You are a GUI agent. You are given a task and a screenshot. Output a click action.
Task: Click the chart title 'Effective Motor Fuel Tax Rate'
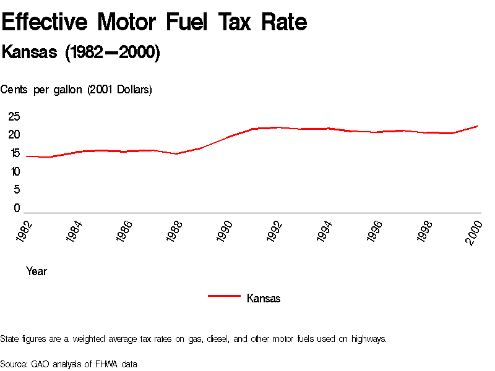click(154, 23)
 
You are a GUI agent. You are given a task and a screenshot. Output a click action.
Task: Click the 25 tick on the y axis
click(14, 116)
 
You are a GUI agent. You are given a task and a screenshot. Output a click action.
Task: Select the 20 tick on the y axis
click(14, 135)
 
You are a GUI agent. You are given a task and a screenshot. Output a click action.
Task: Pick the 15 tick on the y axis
click(14, 153)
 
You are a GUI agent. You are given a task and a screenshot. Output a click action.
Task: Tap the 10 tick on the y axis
click(14, 171)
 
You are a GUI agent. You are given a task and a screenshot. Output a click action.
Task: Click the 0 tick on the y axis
click(17, 208)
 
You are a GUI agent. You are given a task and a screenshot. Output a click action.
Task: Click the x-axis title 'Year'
click(37, 271)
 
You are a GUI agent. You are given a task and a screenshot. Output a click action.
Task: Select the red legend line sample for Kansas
click(224, 296)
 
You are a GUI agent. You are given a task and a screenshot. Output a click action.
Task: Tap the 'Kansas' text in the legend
click(264, 299)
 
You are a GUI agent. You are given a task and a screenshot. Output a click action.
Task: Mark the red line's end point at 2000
click(478, 126)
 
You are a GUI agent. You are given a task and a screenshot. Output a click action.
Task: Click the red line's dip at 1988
click(177, 153)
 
